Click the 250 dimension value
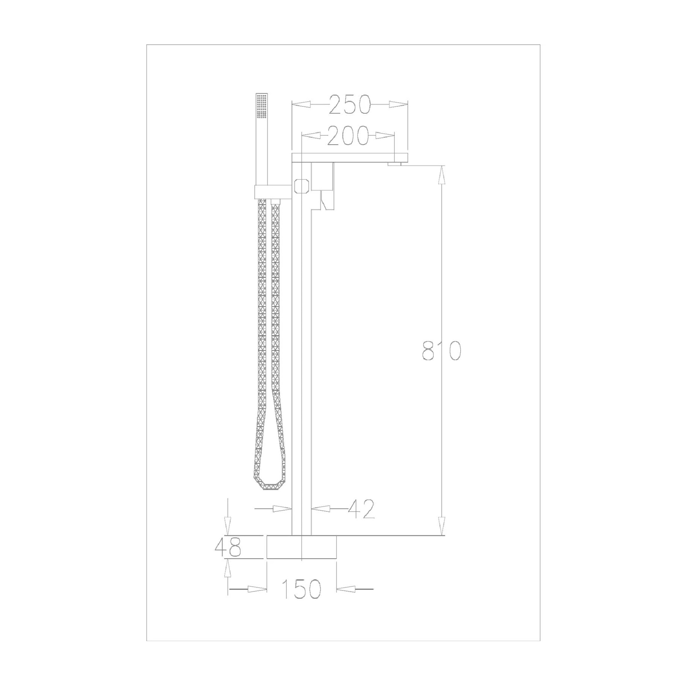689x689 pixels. point(349,104)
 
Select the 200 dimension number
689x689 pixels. point(348,136)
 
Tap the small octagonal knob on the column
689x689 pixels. point(301,186)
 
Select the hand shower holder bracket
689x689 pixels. point(273,192)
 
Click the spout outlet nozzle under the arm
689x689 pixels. point(395,164)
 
